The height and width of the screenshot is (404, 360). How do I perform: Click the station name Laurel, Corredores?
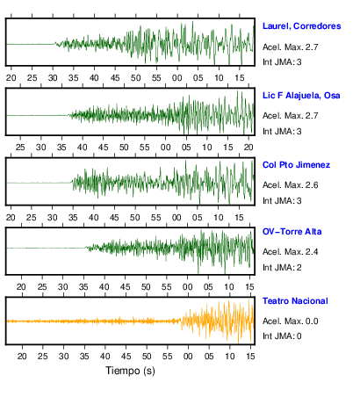[301, 26]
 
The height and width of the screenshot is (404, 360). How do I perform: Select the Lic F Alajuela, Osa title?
[301, 96]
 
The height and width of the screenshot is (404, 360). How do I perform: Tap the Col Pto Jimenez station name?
[296, 165]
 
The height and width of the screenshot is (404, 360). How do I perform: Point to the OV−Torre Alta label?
[292, 232]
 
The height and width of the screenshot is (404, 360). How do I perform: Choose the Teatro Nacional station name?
[295, 301]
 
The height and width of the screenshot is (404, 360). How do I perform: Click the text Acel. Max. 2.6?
[290, 185]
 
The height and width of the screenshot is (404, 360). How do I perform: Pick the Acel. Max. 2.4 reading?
[290, 252]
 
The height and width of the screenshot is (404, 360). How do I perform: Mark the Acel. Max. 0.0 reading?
[290, 321]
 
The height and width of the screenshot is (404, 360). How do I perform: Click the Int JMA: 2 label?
[282, 268]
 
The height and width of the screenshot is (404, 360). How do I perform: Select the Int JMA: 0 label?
[282, 335]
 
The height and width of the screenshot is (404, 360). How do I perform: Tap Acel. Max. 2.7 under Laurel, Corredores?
[290, 47]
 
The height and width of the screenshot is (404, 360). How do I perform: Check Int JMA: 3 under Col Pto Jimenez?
[282, 201]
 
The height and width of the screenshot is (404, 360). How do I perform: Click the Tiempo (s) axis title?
[130, 371]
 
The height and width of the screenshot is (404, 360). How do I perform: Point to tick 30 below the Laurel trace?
[53, 78]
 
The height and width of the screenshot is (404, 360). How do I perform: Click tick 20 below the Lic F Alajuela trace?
[248, 148]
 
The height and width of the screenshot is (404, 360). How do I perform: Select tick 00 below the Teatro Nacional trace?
[188, 357]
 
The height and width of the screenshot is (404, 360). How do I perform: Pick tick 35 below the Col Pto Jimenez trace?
[73, 218]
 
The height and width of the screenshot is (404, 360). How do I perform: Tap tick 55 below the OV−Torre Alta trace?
[167, 287]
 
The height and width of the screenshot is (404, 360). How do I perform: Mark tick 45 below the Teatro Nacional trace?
[126, 357]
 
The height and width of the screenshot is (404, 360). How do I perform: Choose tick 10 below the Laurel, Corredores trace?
[219, 78]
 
